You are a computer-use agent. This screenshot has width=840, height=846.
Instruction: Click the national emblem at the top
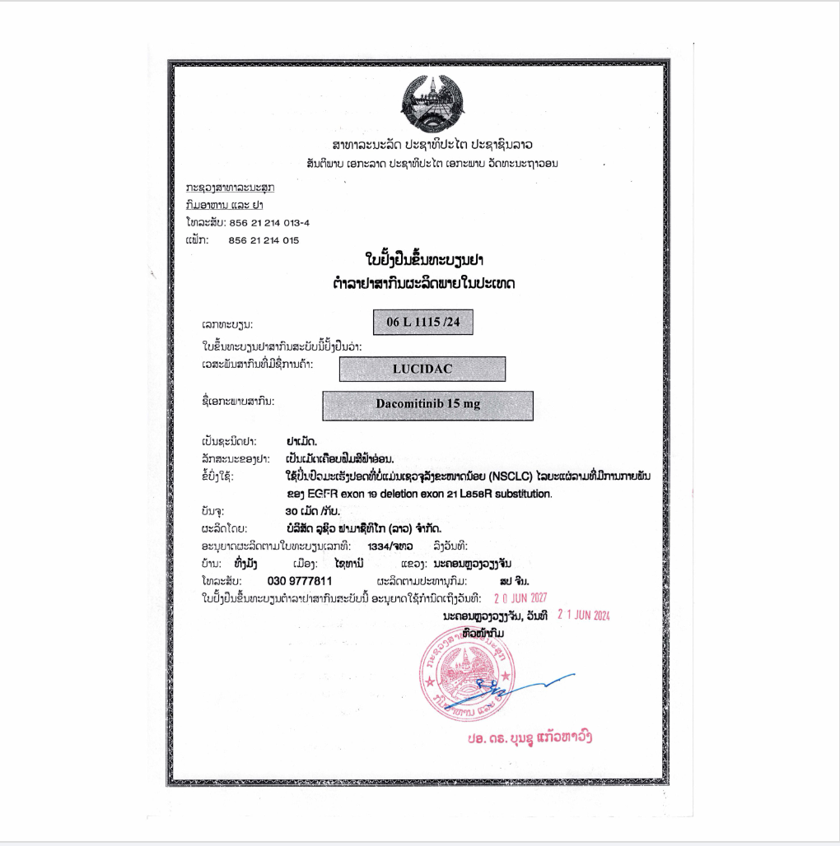coord(432,105)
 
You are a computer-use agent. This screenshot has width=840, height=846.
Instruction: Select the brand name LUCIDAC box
coord(422,369)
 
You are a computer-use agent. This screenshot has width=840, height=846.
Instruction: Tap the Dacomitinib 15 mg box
coord(427,405)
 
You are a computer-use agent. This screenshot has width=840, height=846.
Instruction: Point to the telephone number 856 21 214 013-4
coord(268,222)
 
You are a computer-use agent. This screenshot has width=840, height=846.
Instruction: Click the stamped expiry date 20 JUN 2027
coord(520,598)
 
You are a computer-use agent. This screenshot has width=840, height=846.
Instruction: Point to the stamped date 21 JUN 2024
coord(584,615)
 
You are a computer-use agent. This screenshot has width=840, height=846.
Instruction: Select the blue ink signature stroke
coord(535,684)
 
